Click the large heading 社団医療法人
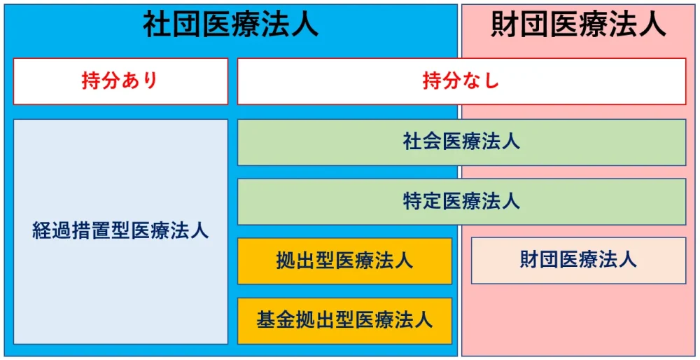pyautogui.click(x=230, y=25)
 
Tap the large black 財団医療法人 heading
pyautogui.click(x=579, y=25)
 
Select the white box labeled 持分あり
pyautogui.click(x=120, y=81)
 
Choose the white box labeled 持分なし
pyautogui.click(x=461, y=81)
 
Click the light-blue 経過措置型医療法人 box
pyautogui.click(x=120, y=231)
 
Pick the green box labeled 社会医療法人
pyautogui.click(x=461, y=142)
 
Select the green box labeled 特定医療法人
pyautogui.click(x=461, y=202)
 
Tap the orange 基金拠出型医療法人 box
pyautogui.click(x=344, y=321)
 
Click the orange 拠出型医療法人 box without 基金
pyautogui.click(x=344, y=261)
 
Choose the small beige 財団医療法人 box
pyautogui.click(x=579, y=261)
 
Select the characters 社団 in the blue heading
pyautogui.click(x=172, y=25)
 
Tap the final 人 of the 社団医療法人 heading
pyautogui.click(x=304, y=25)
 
